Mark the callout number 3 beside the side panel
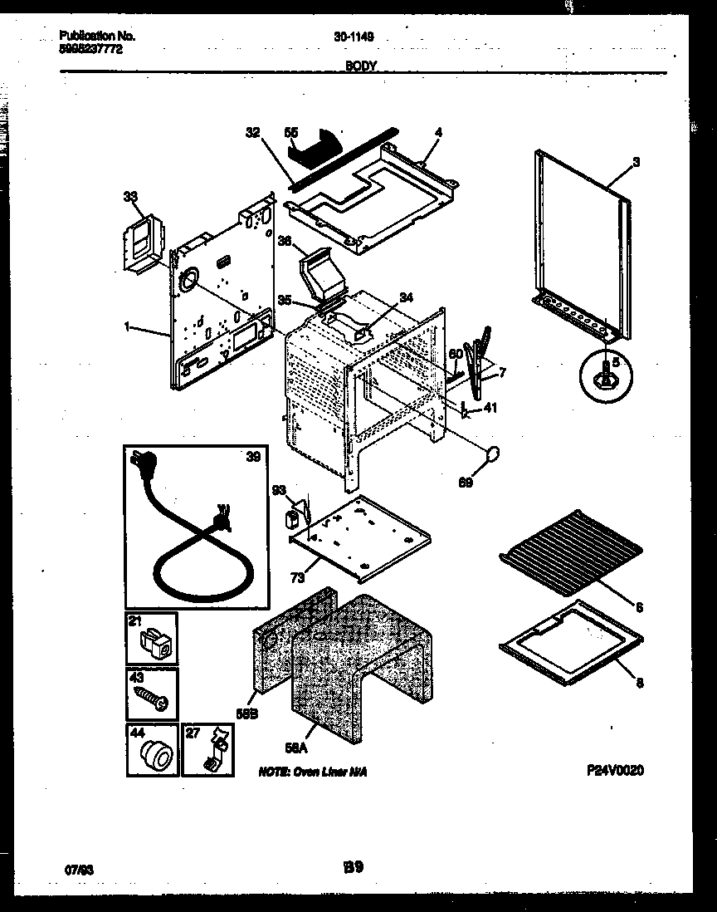click(x=636, y=163)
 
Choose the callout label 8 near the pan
click(x=637, y=684)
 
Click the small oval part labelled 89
click(x=493, y=454)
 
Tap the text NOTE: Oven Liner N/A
click(x=312, y=772)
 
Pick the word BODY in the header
click(x=362, y=65)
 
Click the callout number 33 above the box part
click(x=129, y=197)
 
